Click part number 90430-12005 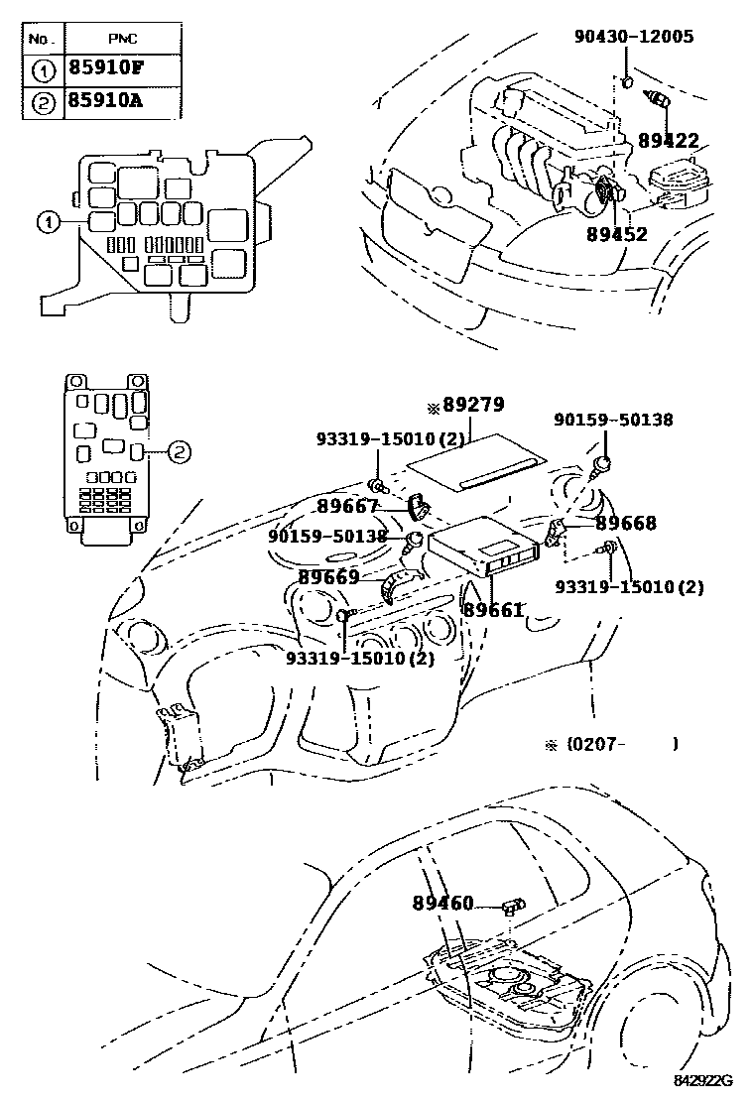coord(634,37)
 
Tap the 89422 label coord(669,141)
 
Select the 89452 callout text coord(616,234)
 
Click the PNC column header coord(122,40)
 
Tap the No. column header coord(41,40)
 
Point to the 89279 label coord(473,406)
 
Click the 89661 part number coord(493,611)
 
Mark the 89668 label coord(626,523)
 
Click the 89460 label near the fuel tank coord(443,903)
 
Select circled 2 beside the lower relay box coord(178,451)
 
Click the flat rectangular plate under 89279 coord(476,471)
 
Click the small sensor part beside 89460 coord(514,903)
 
